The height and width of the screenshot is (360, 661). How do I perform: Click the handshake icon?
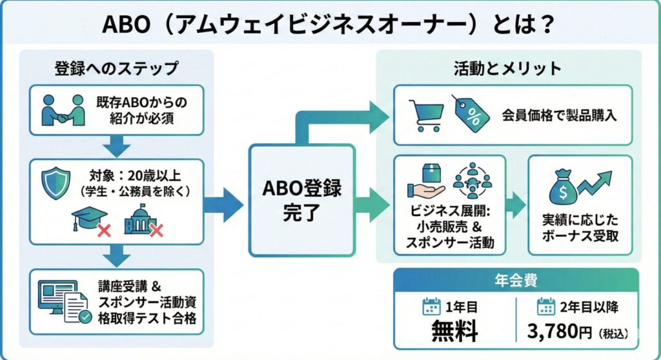click(63, 110)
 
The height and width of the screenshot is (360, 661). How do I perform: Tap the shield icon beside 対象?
click(56, 183)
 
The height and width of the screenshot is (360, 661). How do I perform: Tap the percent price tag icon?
click(471, 113)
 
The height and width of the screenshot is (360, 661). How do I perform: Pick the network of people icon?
click(472, 181)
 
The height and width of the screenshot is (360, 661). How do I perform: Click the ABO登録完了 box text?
click(302, 200)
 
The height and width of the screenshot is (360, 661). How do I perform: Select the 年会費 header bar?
click(516, 280)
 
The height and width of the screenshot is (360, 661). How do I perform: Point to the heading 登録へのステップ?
click(116, 68)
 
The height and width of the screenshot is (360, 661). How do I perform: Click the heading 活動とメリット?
click(507, 68)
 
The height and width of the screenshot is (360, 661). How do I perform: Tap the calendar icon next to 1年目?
click(431, 306)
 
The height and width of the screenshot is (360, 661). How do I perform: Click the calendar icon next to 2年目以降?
click(546, 306)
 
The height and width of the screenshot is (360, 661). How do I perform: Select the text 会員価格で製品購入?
click(559, 115)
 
